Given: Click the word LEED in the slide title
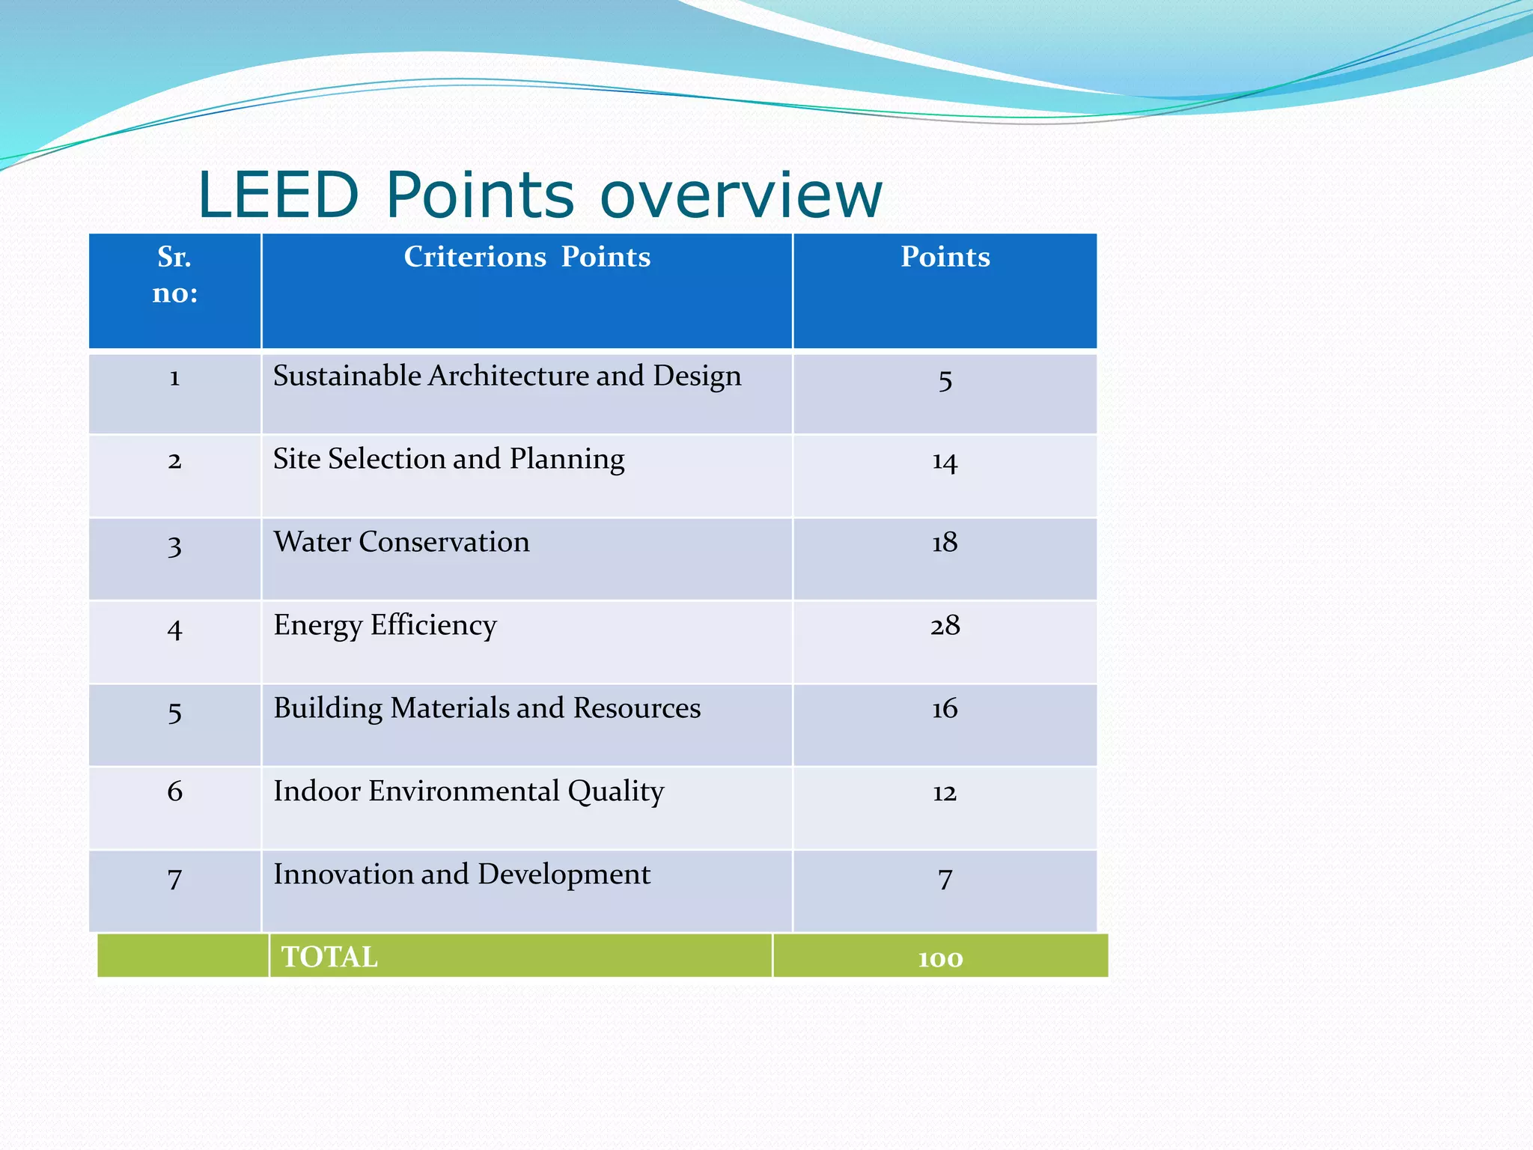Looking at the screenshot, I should pos(278,195).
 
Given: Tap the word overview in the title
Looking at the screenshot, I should pos(741,195).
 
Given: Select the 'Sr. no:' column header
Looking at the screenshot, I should pos(174,274).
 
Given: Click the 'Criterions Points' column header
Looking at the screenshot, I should pos(527,257).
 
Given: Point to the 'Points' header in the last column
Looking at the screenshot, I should pos(945,257).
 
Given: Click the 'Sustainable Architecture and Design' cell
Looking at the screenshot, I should pos(507,376).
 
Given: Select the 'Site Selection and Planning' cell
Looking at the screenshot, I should pos(448,459).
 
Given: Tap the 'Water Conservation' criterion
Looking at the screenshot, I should pos(401,542).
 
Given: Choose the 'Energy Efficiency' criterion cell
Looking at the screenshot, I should pos(385,625).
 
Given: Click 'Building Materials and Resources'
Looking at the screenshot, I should pos(487,708).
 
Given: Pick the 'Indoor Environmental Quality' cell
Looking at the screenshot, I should pos(469,791).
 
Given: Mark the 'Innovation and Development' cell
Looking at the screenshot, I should pos(462,874).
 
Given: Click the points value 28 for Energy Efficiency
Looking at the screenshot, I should pos(945,625).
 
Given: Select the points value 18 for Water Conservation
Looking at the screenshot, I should pos(945,542).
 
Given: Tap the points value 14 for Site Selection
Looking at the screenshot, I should pos(945,461).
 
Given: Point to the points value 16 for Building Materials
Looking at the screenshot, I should pos(945,708).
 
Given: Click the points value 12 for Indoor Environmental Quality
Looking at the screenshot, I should pos(945,792).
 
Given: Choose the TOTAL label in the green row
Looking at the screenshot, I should pos(329,957).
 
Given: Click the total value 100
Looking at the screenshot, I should pos(940,958).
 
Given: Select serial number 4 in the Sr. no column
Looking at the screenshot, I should pos(174,629).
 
